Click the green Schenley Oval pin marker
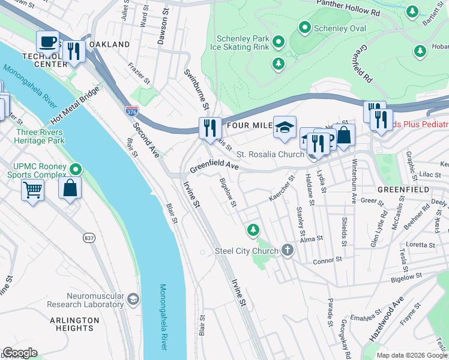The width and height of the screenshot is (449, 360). tap(305, 28)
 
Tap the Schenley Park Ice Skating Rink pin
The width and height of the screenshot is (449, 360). tap(278, 42)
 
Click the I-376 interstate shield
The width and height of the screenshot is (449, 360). tap(131, 111)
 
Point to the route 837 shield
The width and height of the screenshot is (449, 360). tap(89, 238)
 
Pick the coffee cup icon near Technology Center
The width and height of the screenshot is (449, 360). tap(47, 42)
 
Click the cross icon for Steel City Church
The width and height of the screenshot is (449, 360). tap(288, 251)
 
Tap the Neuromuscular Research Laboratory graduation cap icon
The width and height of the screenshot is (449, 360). tap(133, 299)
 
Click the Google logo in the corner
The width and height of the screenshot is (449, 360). tap(20, 352)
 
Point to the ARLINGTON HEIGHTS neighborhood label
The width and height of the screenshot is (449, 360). tap(74, 324)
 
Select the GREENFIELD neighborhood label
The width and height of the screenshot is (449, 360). tap(403, 190)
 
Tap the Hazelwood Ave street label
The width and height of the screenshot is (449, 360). tap(387, 321)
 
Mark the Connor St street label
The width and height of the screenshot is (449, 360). tap(327, 260)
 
